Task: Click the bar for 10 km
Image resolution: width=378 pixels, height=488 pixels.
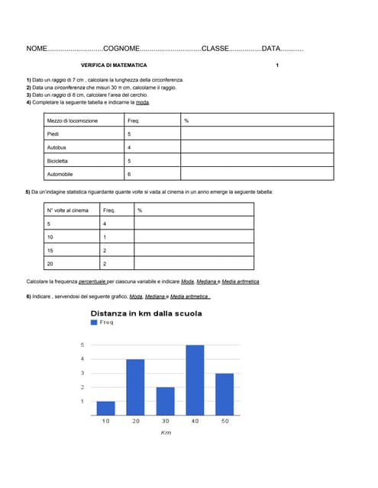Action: [x=106, y=408]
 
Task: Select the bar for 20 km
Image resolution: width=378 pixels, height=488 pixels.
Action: [x=135, y=387]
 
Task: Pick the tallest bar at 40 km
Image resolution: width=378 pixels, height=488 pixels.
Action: [x=195, y=380]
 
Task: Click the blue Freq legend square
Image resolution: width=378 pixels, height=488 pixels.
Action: [x=94, y=323]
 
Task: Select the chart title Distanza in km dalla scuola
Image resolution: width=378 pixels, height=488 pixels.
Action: [x=147, y=313]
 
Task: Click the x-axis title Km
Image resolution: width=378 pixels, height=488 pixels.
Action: [x=165, y=432]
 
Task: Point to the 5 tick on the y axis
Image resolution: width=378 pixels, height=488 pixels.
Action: [x=82, y=345]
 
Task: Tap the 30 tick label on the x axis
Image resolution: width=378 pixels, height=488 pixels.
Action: [x=165, y=422]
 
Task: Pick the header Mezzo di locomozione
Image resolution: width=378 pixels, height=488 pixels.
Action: [x=73, y=120]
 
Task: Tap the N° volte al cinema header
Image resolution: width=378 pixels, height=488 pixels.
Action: [x=68, y=210]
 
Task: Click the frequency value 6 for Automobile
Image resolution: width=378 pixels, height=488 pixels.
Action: [x=129, y=175]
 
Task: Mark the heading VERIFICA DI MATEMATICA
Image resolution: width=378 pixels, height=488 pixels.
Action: [x=114, y=66]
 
